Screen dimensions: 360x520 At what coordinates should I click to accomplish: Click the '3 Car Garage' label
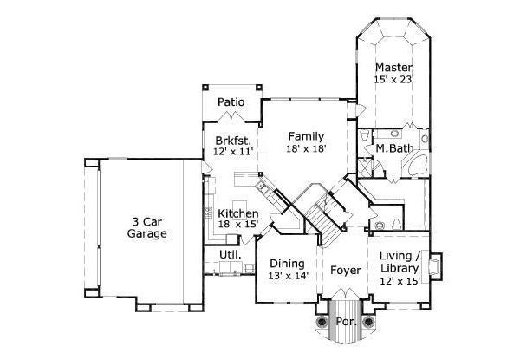coord(146,226)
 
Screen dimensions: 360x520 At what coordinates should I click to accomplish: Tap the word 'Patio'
coord(231,102)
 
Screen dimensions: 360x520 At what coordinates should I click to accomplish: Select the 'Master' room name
coord(393,67)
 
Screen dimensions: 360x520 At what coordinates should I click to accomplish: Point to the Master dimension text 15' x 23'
coord(393,80)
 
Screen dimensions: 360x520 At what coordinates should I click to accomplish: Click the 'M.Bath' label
coord(393,148)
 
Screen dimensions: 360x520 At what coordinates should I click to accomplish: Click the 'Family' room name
coord(307,136)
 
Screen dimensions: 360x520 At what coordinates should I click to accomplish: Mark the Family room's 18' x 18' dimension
coord(307,149)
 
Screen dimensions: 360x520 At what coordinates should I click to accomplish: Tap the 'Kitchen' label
coord(237,213)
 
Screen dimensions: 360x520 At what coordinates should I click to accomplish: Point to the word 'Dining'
coord(286,264)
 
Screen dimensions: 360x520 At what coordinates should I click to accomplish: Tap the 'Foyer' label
coord(346,270)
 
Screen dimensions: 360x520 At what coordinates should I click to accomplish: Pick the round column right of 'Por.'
coord(368,322)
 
